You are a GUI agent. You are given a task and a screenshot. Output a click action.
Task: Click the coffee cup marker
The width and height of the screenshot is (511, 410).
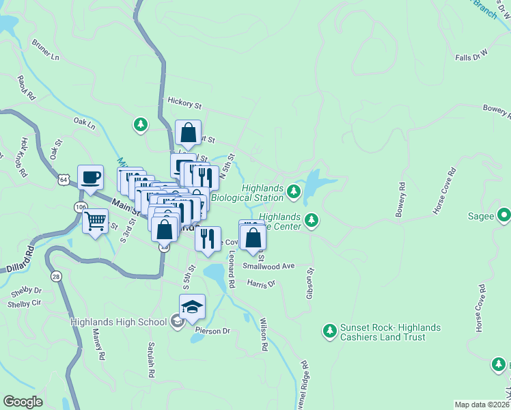pos(90,178)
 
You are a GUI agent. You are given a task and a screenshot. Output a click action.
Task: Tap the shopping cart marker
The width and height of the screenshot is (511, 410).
pos(95,221)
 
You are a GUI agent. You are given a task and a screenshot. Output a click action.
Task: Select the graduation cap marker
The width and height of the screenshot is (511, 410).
pos(193,307)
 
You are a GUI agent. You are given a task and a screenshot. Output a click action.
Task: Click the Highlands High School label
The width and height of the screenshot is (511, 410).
pos(118,321)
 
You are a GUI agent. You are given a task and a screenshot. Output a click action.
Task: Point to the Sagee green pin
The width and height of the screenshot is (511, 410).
pos(503,215)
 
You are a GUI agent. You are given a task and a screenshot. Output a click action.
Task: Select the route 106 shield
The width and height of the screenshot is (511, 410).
pos(79,206)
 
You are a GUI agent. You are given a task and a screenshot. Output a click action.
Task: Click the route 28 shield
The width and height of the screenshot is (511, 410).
pos(56,275)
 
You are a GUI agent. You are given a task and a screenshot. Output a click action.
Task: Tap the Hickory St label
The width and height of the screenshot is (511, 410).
pos(184,103)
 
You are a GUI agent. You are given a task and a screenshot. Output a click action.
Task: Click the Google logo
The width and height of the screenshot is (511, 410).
pos(23,402)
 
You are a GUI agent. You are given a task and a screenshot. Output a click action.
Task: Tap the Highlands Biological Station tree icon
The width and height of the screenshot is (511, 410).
pos(294,191)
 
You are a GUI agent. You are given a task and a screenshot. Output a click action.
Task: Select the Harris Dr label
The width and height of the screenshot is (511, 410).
pos(260,283)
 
